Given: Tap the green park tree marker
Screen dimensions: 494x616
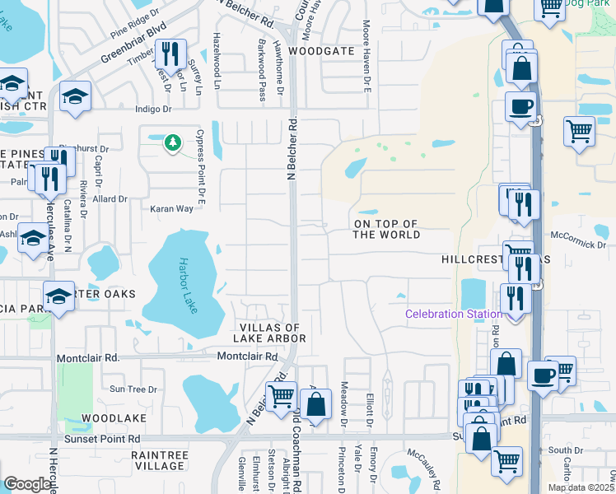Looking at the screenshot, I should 172,143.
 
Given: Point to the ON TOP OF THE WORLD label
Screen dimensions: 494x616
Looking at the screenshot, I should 386,229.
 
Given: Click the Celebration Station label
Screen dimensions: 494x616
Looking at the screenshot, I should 454,314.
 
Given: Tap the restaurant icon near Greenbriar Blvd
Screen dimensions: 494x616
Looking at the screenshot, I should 170,54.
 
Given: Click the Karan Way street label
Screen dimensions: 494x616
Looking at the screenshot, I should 171,208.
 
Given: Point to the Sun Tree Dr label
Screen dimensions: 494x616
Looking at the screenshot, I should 133,389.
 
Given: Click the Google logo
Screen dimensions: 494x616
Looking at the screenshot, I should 27,484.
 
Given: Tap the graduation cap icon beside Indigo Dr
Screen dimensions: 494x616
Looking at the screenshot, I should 75,97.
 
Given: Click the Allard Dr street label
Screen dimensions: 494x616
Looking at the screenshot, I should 110,198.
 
